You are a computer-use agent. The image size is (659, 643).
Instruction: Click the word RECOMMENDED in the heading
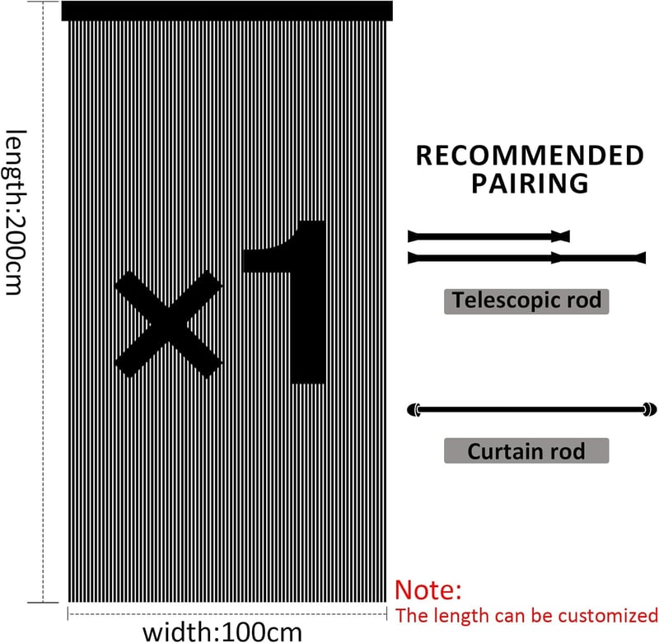coord(530,156)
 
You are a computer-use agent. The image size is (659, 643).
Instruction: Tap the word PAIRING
coord(530,183)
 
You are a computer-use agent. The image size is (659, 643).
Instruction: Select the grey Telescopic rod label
coord(526,301)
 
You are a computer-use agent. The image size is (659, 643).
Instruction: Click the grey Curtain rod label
coord(526,450)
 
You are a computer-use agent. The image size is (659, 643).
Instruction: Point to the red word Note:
coord(428,589)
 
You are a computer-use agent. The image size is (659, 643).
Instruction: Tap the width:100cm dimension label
coord(222,632)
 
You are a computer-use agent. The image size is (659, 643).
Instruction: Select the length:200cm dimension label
coord(16,212)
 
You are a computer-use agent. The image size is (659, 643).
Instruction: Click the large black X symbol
coord(168,324)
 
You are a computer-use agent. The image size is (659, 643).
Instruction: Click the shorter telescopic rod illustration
coord(488,236)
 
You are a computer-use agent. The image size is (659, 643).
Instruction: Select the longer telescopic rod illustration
coord(526,258)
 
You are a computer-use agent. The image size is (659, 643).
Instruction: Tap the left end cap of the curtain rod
coord(414,409)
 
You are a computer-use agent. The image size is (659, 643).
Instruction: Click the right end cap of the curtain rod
coord(650,409)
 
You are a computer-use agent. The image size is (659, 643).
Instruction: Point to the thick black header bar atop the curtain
coord(227,11)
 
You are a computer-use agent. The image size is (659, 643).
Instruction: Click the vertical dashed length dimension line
coord(44,301)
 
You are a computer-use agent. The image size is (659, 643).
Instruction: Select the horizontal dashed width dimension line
coord(227,613)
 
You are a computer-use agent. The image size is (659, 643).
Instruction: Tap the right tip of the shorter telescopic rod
coord(569,236)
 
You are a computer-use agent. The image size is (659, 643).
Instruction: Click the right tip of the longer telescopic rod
coord(645,258)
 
